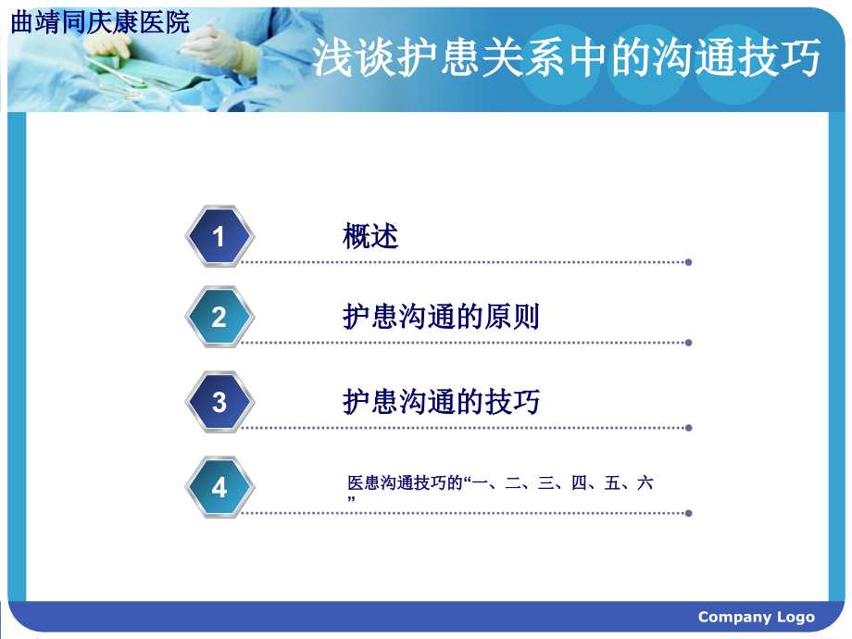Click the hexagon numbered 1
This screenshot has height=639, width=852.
(x=219, y=237)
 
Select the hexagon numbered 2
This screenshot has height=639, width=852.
(x=219, y=318)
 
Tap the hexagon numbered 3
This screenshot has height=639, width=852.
(x=219, y=402)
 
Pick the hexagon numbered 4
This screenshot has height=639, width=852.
(x=219, y=487)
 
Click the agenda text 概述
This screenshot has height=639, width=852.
(x=370, y=237)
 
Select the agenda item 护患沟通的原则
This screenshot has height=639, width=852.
(x=441, y=318)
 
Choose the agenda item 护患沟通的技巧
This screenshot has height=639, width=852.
(x=441, y=402)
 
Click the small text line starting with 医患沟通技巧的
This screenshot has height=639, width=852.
(x=500, y=483)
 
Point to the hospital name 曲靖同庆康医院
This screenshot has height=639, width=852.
(x=100, y=23)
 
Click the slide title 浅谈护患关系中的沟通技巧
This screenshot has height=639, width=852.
(x=566, y=59)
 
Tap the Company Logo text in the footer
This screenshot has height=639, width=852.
(x=756, y=617)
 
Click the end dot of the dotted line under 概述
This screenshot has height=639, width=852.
(x=688, y=262)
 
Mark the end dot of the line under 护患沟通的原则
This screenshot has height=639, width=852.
(x=688, y=343)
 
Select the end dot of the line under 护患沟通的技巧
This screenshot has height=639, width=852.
(x=688, y=428)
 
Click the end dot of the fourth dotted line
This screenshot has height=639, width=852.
(x=688, y=512)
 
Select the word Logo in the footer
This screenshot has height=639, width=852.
(x=796, y=617)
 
